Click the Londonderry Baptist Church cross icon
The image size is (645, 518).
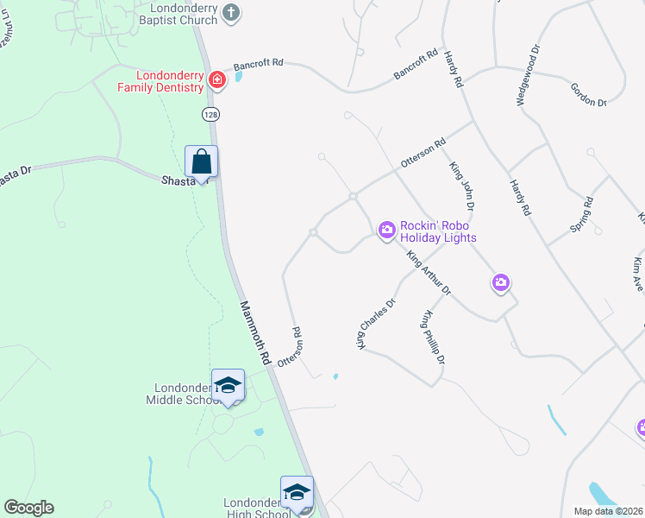(x=230, y=12)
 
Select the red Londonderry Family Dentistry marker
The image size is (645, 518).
(x=217, y=80)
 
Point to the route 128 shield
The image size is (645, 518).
(x=210, y=114)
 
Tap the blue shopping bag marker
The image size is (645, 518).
(x=202, y=161)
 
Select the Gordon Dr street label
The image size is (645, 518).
(x=588, y=95)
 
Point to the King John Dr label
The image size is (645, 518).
(x=462, y=183)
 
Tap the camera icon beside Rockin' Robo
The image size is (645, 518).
(x=386, y=229)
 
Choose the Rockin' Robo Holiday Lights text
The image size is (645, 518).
(x=438, y=231)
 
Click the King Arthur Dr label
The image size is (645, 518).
(x=429, y=274)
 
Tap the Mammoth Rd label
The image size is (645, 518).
(x=256, y=331)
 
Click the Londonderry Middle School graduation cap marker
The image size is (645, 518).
(x=228, y=385)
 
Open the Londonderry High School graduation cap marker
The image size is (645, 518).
(x=297, y=492)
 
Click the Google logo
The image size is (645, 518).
(x=28, y=508)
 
